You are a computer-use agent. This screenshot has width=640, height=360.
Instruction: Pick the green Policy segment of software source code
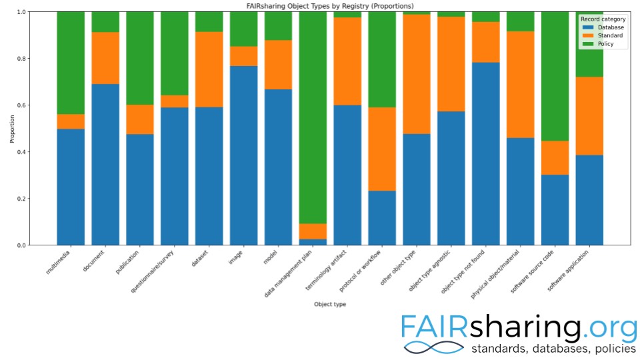click(x=555, y=76)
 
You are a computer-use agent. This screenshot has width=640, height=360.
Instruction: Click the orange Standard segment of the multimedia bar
click(x=71, y=121)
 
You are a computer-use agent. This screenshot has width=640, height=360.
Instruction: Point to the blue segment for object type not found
click(x=486, y=153)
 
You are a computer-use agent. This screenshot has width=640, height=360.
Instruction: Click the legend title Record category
click(x=603, y=19)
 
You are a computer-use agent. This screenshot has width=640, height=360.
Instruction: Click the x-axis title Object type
click(x=330, y=305)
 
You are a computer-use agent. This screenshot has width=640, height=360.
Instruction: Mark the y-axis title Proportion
click(x=11, y=129)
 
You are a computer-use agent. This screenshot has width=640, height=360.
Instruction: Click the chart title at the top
click(x=330, y=5)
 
